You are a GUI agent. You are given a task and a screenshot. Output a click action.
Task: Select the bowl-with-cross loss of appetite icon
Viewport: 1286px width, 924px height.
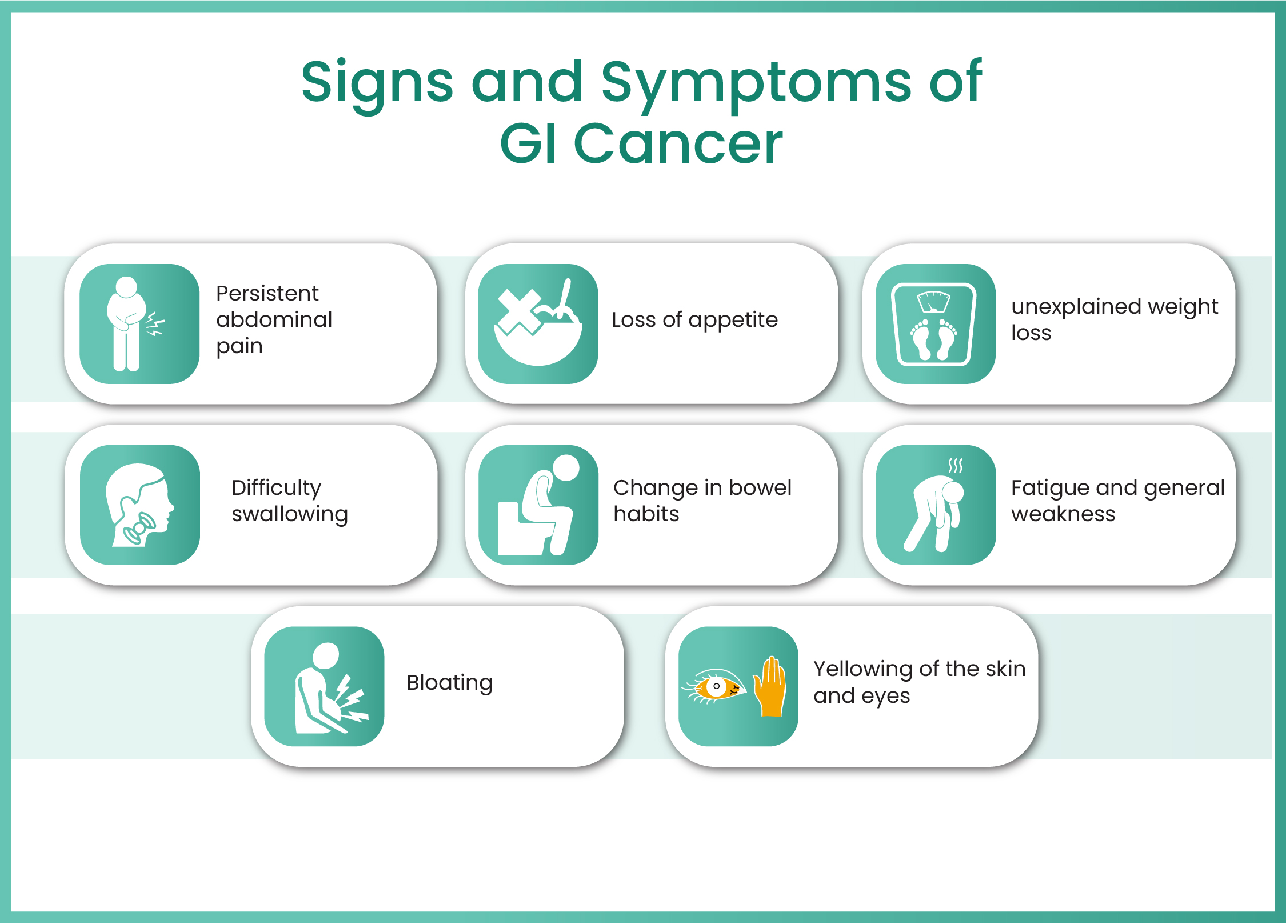tap(538, 323)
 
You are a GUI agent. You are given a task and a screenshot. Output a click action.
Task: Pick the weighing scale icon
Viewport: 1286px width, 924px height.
tap(935, 323)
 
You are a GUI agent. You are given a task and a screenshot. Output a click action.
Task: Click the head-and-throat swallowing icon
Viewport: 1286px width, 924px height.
tap(140, 505)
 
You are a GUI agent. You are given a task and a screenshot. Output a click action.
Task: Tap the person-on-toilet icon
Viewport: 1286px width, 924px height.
tap(538, 505)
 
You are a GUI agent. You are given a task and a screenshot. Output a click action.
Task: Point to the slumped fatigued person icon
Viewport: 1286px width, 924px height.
tap(936, 505)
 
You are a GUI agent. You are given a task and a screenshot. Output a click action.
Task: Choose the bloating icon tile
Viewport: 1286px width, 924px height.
tap(324, 686)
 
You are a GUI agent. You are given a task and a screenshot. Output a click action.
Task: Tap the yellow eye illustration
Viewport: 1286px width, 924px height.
tap(714, 686)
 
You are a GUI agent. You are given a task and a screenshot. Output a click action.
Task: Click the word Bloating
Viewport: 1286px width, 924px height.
tap(449, 683)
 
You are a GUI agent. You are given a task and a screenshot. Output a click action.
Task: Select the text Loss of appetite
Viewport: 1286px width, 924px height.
tap(694, 320)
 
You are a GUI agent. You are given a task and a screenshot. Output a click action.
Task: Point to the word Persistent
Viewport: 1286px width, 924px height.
tap(267, 293)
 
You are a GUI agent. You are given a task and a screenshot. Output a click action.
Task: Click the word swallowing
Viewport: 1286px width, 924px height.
tap(290, 514)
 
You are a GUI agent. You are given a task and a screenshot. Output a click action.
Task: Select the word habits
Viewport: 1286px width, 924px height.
tap(646, 514)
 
